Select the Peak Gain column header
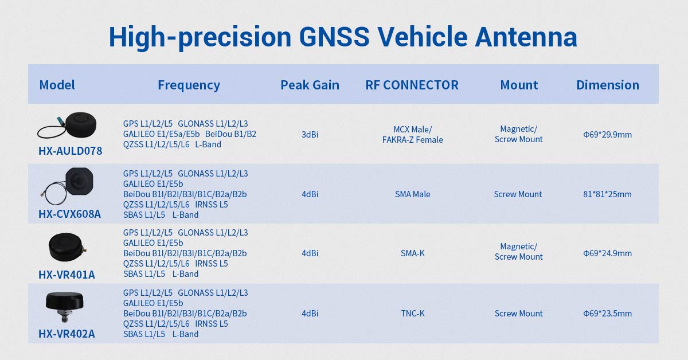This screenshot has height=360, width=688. pos(310,85)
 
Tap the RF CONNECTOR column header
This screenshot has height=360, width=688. pos(412,85)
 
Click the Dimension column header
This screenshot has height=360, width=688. pos(607,85)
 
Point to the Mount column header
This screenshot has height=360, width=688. pos(519,85)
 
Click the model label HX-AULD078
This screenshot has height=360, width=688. pos(71,151)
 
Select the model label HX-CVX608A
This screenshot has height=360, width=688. pos(69,214)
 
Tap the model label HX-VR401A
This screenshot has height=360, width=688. pos(67,275)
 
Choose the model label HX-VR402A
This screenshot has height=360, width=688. pos(67,334)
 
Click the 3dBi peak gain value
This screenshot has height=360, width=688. pos(310,135)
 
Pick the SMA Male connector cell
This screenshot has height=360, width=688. pos(412,194)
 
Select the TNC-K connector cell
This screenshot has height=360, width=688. pos(412,314)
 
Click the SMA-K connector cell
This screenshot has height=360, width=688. pos(412,253)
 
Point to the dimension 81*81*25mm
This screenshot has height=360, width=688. pos(607,194)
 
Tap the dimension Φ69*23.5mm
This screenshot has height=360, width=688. pos(607,314)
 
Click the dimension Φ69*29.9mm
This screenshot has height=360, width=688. pos(607,135)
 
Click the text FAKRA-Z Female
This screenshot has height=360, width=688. pos(412,140)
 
